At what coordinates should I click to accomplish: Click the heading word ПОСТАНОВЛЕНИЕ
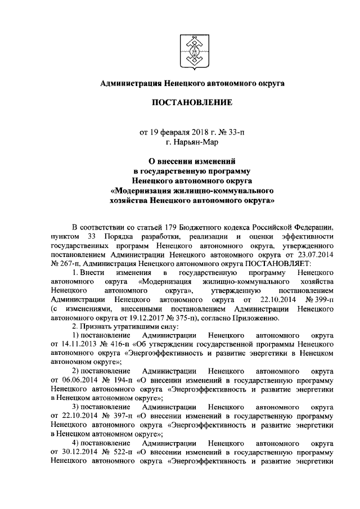pyautogui.click(x=191, y=103)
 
